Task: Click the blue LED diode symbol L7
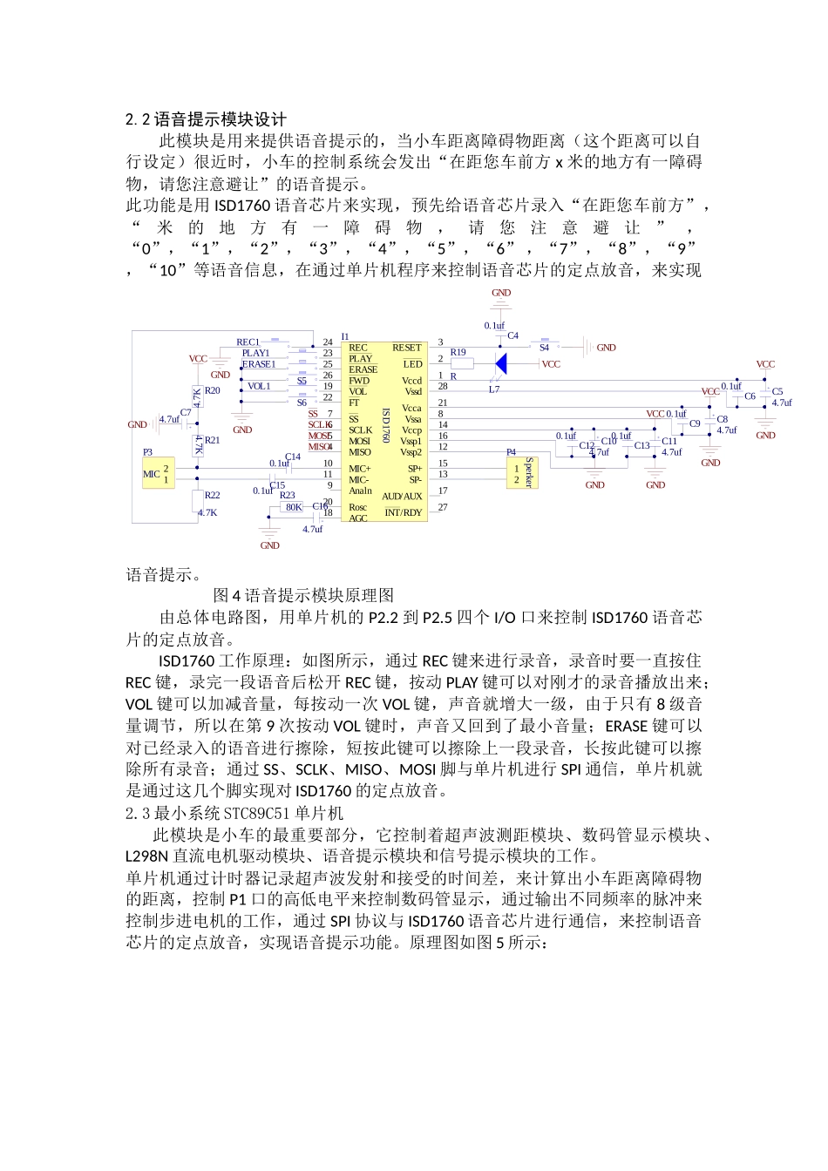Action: click(x=500, y=363)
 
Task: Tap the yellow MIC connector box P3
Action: click(x=158, y=474)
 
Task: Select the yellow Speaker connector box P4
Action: click(x=522, y=473)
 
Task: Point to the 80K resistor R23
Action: click(x=294, y=506)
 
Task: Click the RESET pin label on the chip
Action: click(x=406, y=348)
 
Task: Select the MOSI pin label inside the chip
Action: click(x=359, y=441)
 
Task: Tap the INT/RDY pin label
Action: click(x=403, y=512)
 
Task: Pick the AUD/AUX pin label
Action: click(x=402, y=496)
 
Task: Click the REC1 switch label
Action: click(x=248, y=342)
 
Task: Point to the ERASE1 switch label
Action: click(x=259, y=364)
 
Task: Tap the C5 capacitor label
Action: click(x=777, y=391)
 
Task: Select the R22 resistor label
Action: click(x=212, y=495)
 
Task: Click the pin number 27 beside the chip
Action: click(x=443, y=507)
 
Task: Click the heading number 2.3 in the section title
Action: click(x=138, y=814)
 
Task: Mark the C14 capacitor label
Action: click(x=293, y=457)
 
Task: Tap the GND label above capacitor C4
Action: click(x=501, y=293)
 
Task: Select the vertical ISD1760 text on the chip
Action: click(x=385, y=424)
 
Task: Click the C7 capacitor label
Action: click(x=186, y=412)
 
